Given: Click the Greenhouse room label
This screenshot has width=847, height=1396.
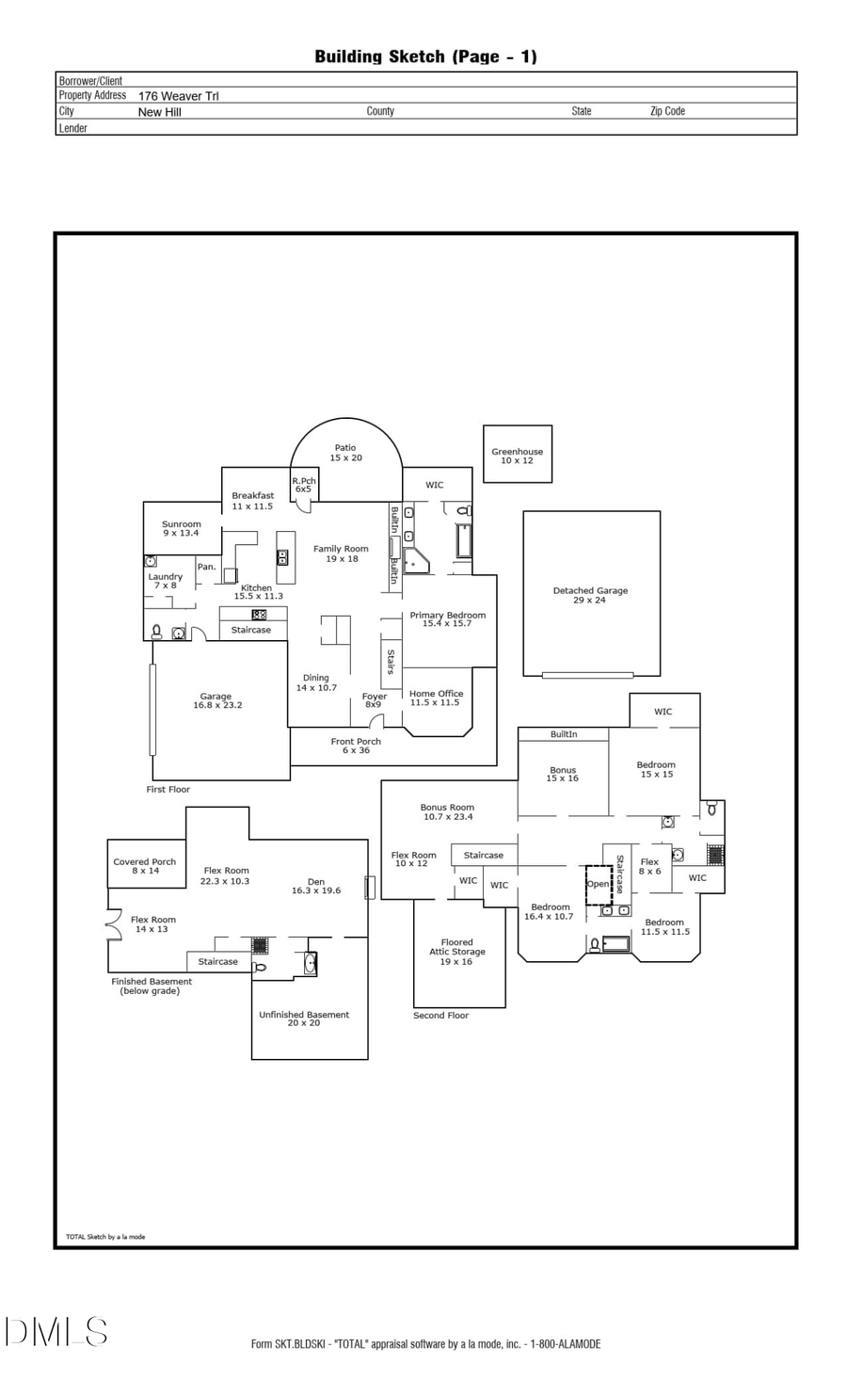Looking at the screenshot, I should [517, 456].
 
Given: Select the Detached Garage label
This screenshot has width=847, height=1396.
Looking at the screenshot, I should [590, 595].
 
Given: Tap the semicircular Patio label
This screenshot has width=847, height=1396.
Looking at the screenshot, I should [345, 453].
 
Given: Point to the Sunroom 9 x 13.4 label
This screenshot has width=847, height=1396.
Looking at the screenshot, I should [181, 528].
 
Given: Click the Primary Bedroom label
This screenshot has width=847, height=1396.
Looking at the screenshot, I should [447, 618].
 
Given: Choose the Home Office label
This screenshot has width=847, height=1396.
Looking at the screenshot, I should [436, 698].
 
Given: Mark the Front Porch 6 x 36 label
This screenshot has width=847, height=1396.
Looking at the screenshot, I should [356, 746].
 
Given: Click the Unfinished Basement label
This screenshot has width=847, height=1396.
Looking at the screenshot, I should [304, 1019].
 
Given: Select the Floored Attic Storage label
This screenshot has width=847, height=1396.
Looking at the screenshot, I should [457, 952].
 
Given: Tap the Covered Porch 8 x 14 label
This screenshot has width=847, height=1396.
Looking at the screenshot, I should [145, 866].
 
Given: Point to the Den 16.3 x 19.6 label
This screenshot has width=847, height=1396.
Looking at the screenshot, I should [316, 886].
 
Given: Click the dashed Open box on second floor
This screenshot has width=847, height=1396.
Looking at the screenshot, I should [599, 885].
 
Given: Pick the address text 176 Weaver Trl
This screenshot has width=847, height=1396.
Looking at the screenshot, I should [179, 96].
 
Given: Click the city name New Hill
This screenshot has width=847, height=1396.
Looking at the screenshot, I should [160, 112].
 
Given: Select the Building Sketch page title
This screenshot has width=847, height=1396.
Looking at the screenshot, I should [425, 56].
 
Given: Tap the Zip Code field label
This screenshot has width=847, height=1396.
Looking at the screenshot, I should [667, 111].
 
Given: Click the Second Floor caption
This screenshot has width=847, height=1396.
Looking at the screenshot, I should [440, 1016].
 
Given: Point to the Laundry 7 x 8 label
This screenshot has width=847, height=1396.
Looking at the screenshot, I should [166, 581].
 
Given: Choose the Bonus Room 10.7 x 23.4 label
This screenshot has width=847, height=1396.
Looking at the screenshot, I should [447, 811].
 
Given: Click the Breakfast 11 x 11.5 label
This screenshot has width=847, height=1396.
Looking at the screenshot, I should [253, 501].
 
